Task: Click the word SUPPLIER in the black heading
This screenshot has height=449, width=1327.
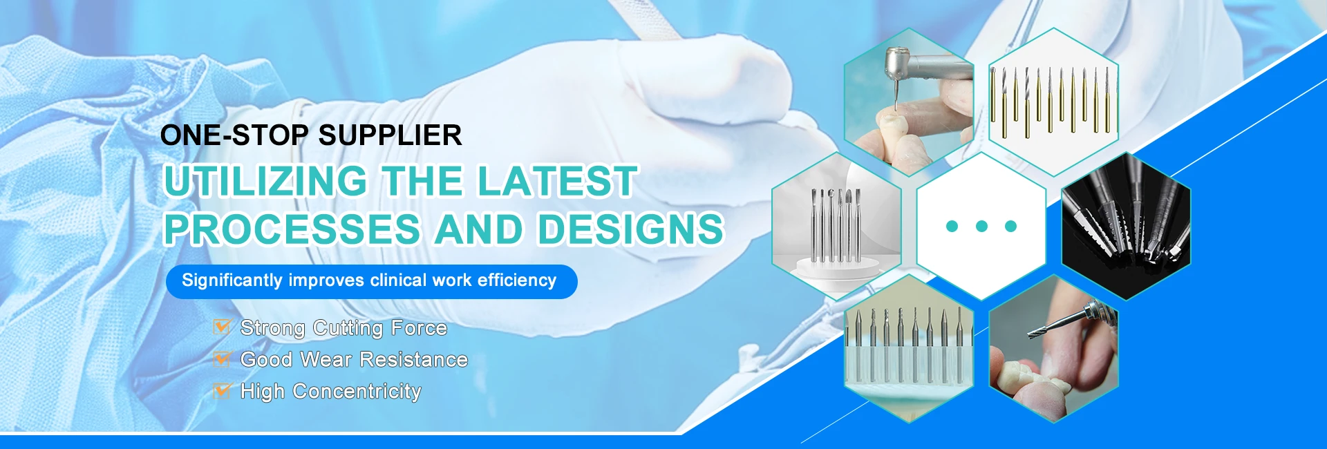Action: (x=390, y=135)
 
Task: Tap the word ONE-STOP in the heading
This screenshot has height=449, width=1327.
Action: (x=234, y=135)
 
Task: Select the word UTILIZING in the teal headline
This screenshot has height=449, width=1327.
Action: (x=266, y=181)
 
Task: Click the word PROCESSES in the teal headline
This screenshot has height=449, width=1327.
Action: (x=292, y=229)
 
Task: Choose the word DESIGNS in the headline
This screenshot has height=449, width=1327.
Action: (x=630, y=229)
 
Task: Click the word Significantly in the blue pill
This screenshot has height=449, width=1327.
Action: (x=232, y=280)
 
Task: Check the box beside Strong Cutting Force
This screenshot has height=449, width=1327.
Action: (x=222, y=327)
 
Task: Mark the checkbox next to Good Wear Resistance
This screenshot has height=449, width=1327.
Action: (x=222, y=359)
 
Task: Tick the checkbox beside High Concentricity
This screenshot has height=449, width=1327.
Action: (x=222, y=391)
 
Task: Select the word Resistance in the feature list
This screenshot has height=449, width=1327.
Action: (x=414, y=360)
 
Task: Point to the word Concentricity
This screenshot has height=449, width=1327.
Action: (x=357, y=392)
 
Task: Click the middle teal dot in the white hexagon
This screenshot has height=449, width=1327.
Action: (x=981, y=226)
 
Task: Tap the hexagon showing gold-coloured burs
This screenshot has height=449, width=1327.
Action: (x=1053, y=102)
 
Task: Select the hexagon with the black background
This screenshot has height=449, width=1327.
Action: (x=1126, y=226)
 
